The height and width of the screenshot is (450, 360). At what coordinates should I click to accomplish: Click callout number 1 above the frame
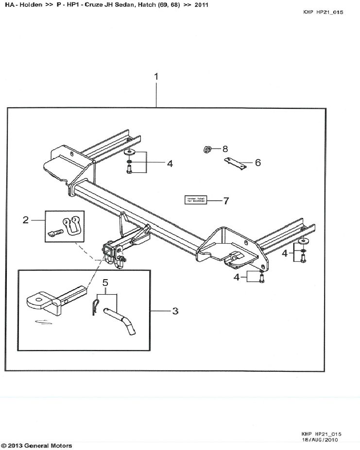[x=156, y=76]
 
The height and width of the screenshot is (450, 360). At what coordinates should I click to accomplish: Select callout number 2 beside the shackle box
[x=26, y=220]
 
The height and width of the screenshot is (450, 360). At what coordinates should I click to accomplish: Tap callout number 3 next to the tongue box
[x=175, y=311]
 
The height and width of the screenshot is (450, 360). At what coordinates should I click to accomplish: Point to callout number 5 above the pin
[x=104, y=282]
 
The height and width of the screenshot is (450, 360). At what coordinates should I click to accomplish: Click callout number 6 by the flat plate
[x=258, y=163]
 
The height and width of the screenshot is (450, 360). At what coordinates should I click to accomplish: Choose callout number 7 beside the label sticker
[x=226, y=200]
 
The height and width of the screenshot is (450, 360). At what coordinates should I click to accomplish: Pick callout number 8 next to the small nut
[x=225, y=148]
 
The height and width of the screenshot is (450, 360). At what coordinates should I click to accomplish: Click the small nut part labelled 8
[x=206, y=149]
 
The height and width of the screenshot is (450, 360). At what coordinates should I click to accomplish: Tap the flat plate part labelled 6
[x=235, y=164]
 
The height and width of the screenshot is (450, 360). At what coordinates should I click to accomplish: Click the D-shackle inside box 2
[x=73, y=225]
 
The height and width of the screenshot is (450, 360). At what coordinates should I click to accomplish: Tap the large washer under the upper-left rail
[x=129, y=152]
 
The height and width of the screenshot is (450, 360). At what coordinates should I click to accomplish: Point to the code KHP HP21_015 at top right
[x=323, y=12]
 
